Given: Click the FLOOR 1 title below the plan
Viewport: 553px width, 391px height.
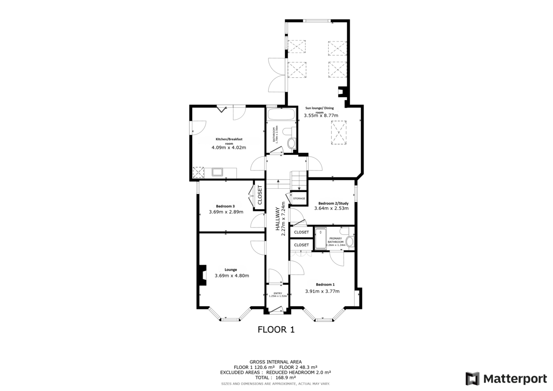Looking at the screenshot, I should (276, 330).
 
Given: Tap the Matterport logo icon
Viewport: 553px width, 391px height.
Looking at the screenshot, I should (472, 379).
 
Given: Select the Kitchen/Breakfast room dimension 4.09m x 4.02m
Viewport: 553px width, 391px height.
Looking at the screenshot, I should (229, 147).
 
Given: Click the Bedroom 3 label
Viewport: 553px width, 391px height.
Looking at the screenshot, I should (225, 206).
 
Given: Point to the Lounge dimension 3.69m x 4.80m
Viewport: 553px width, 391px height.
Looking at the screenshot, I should (232, 276).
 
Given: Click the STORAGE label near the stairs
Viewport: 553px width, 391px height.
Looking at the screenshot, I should (299, 198).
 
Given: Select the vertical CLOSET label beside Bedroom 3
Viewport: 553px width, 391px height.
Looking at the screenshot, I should (259, 195).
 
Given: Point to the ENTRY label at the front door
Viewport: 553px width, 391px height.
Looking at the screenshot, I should (277, 293).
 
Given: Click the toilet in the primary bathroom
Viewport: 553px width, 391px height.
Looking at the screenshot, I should (350, 241).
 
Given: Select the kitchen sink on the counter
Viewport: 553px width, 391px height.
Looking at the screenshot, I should (217, 172).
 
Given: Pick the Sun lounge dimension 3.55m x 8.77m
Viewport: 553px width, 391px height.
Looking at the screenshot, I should (321, 116).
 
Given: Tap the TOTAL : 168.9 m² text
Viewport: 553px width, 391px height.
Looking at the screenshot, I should (276, 377).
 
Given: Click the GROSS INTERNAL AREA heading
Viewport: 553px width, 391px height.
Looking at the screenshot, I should (276, 362).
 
